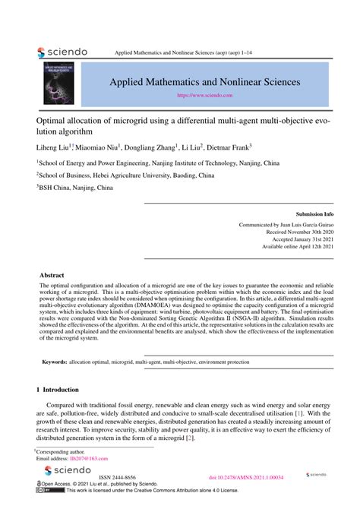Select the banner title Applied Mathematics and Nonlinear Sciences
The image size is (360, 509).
click(205, 81)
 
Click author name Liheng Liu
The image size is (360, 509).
click(53, 147)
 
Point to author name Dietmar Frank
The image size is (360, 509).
click(228, 147)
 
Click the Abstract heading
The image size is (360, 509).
click(52, 274)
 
